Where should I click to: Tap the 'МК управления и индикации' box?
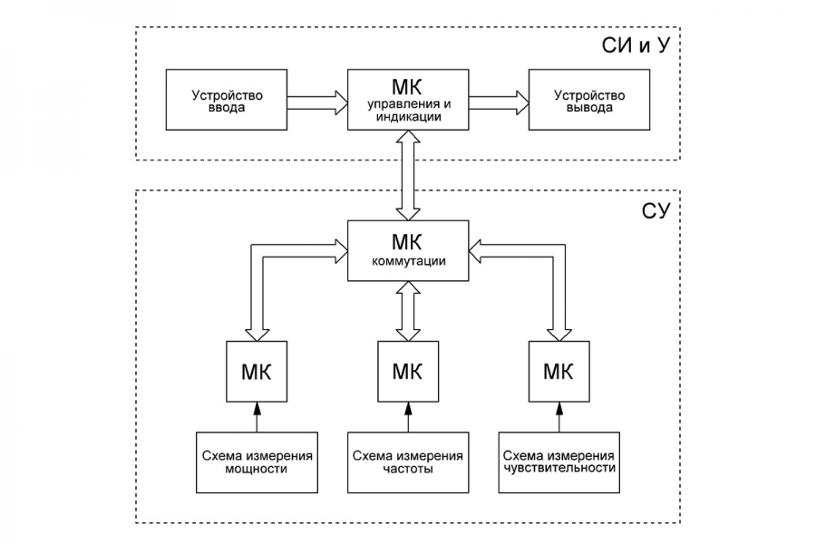point(407,98)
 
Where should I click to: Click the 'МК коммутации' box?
point(407,250)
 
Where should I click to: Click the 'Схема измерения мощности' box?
point(257,461)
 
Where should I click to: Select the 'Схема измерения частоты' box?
point(407,461)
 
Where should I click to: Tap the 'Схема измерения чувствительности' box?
point(559,461)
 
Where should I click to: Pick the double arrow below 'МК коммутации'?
point(407,311)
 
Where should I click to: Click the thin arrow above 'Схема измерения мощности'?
point(257,416)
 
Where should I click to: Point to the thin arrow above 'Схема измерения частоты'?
point(407,416)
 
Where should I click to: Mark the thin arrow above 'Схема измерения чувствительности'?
point(559,416)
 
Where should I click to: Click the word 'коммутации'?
point(407,261)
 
